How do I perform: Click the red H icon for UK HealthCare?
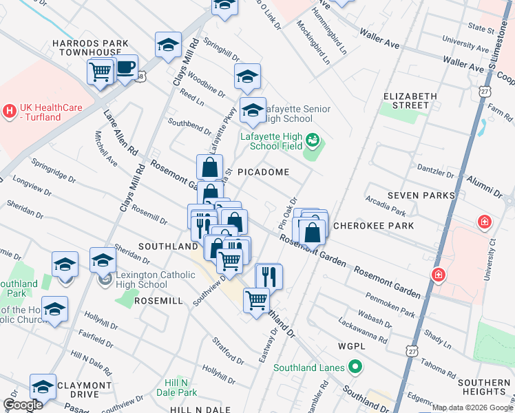(9, 110)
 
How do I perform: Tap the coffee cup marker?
(126, 68)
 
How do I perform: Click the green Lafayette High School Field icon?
(313, 141)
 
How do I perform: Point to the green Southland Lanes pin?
(355, 368)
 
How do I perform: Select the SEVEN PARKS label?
(421, 195)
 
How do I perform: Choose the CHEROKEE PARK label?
(373, 226)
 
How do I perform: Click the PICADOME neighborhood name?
(263, 172)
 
